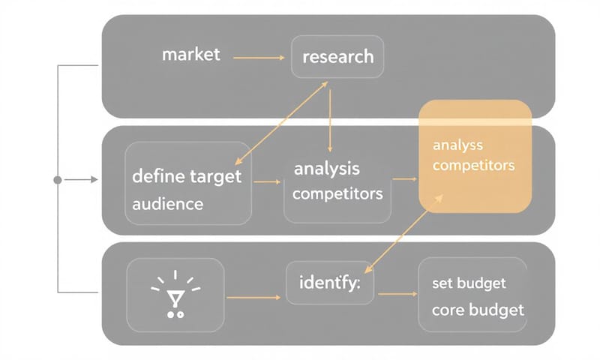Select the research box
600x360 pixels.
point(337,55)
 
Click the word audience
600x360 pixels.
point(167,203)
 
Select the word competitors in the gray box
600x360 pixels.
point(337,193)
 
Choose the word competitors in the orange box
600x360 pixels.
point(474,165)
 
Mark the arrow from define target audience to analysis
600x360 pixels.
point(267,181)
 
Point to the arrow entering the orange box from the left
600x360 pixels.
point(404,179)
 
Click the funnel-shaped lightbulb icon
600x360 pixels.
point(175,295)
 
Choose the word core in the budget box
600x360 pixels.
point(448,310)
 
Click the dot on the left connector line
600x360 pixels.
point(58,180)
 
